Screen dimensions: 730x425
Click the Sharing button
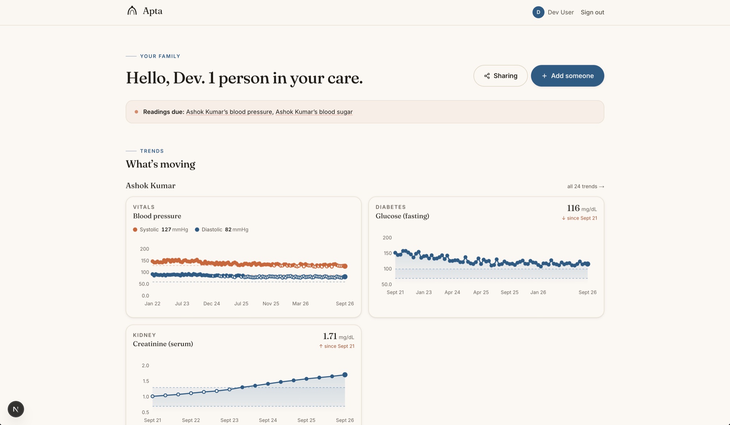tap(500, 76)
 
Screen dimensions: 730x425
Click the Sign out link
tap(592, 12)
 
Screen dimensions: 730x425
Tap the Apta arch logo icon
tap(132, 11)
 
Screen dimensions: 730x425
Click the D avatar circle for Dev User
tap(538, 12)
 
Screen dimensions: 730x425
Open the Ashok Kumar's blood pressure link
tap(229, 112)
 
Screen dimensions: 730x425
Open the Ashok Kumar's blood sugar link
tap(314, 112)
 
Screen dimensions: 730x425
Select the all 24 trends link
tap(585, 186)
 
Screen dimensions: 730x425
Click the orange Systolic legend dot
tap(135, 229)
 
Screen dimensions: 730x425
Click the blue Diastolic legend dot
tap(197, 229)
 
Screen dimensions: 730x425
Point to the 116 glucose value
tap(573, 208)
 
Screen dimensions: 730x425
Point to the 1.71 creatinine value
tap(330, 336)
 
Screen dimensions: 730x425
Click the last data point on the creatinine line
tap(345, 375)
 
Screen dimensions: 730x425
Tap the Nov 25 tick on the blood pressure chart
tap(271, 304)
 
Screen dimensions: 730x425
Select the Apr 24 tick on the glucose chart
tap(452, 292)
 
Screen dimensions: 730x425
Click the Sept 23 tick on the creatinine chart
tap(229, 420)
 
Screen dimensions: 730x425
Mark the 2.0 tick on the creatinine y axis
tap(145, 366)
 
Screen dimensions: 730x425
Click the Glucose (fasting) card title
tap(402, 216)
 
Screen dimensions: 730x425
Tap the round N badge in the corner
tap(16, 409)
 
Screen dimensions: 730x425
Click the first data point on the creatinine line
tap(153, 396)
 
